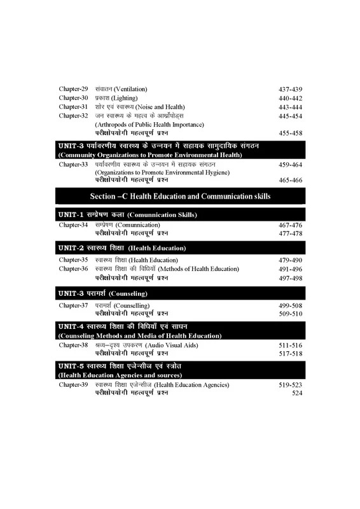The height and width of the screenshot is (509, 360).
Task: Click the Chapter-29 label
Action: [73, 88]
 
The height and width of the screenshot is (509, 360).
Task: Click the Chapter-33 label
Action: [73, 164]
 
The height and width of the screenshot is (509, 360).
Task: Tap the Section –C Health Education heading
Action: [180, 195]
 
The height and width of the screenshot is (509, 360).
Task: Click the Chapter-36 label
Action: [73, 268]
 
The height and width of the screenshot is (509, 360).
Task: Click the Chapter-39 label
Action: [73, 386]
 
